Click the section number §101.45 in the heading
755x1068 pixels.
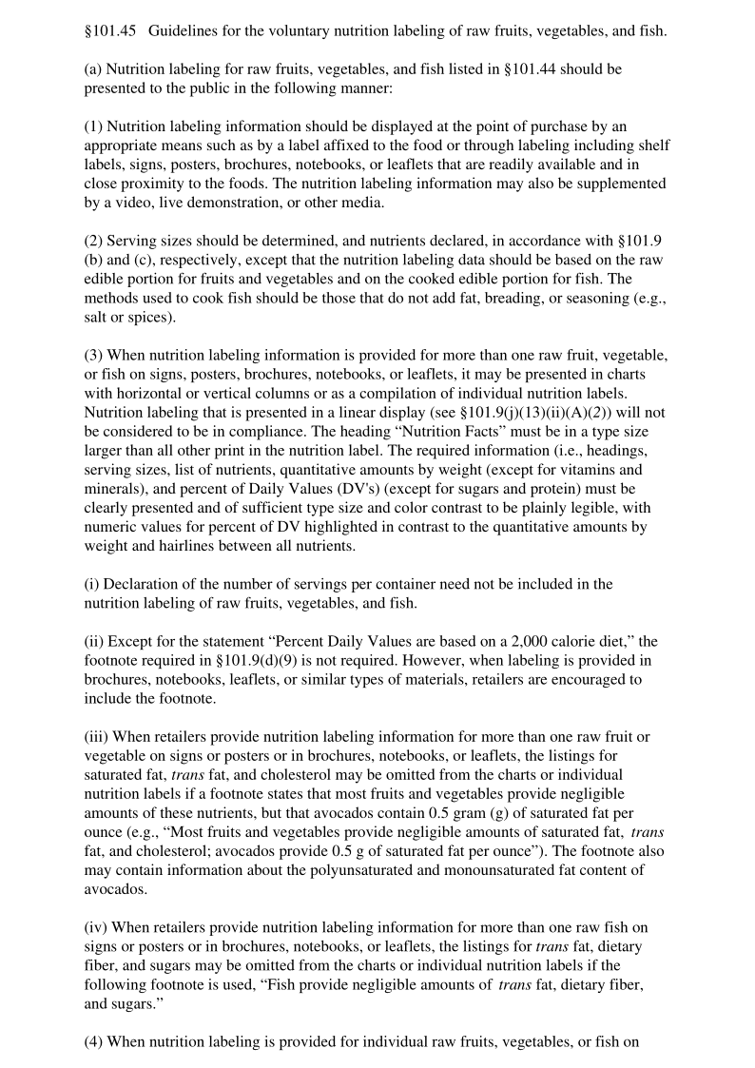110,31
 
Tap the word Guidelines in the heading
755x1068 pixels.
185,31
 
